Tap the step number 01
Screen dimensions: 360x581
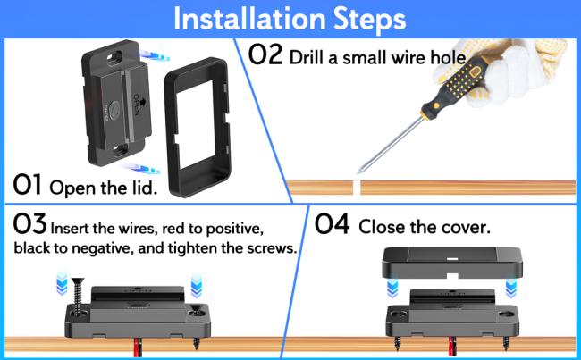click(x=29, y=186)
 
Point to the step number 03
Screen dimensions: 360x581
click(x=29, y=224)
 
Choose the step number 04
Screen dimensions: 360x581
click(x=333, y=225)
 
